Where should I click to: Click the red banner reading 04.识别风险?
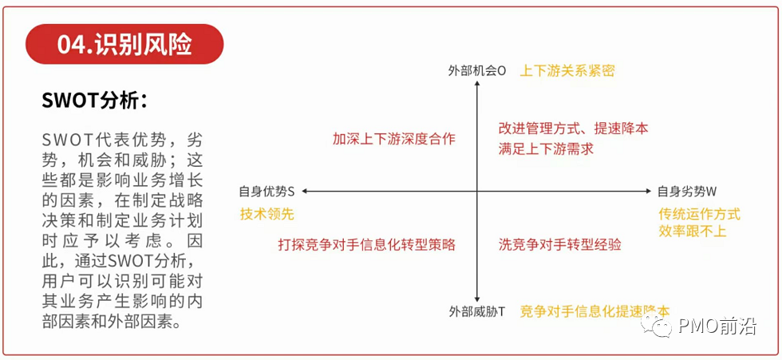coord(124,44)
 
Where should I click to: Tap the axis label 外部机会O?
coord(477,70)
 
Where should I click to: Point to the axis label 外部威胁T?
coord(476,311)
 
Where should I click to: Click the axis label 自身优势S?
coord(267,192)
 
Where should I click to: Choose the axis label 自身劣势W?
coord(687,192)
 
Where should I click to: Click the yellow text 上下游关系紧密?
coord(567,70)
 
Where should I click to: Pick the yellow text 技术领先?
coord(267,214)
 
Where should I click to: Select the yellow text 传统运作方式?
coord(699,214)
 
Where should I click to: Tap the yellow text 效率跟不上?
coord(693,231)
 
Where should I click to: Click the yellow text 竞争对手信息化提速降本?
coord(595,311)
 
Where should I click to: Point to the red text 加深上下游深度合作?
coord(394,139)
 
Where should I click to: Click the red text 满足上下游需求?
coord(546,148)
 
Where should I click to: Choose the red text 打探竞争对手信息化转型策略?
coord(366,244)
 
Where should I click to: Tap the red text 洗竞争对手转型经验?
coord(559,244)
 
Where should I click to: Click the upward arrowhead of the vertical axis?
coord(476,86)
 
